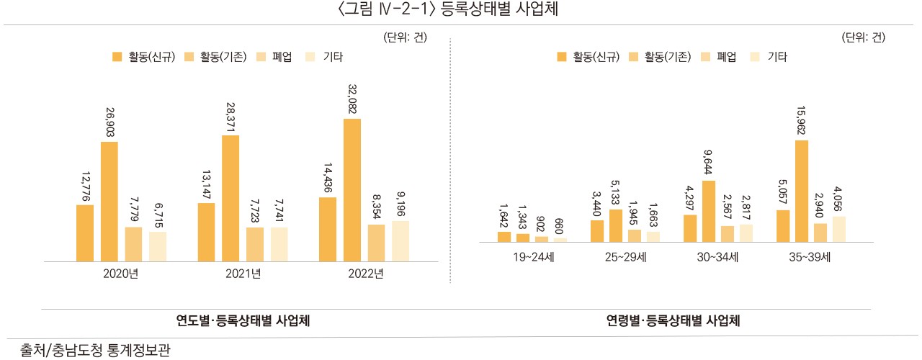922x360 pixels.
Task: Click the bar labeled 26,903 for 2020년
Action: [x=109, y=202]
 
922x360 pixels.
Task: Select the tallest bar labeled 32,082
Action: [x=352, y=189]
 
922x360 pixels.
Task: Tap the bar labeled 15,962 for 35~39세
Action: [x=801, y=192]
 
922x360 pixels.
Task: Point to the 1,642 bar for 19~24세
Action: [x=504, y=237]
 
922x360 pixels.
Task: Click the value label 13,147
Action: [x=206, y=183]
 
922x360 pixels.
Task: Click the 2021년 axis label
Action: [x=243, y=274]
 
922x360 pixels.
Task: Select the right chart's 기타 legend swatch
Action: [x=755, y=56]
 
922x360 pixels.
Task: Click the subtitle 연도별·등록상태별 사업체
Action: [x=243, y=321]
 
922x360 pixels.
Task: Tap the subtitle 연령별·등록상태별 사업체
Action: [x=673, y=321]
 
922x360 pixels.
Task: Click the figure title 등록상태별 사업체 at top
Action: [x=460, y=10]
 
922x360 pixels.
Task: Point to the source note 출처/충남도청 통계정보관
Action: [x=89, y=351]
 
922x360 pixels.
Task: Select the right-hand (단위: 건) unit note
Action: [x=863, y=38]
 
